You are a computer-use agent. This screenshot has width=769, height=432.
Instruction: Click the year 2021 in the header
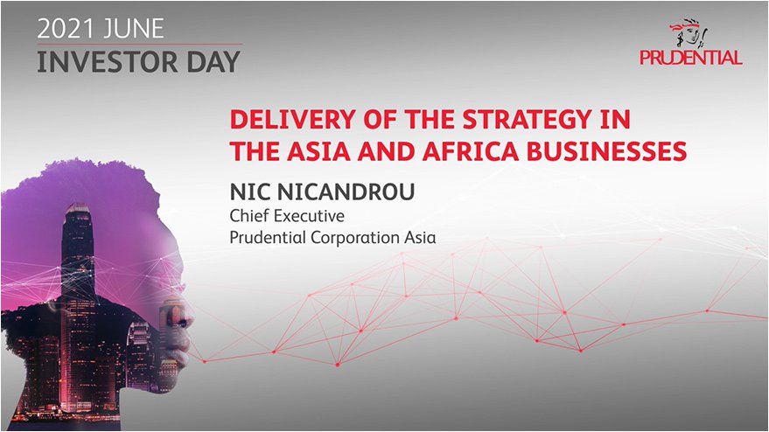click(x=65, y=29)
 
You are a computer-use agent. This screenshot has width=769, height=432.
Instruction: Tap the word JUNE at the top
click(x=132, y=29)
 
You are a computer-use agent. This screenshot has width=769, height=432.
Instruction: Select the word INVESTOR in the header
click(x=107, y=62)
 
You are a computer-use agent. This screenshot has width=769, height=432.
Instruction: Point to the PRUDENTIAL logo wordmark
click(x=691, y=58)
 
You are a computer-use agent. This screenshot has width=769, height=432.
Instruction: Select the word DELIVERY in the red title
click(x=293, y=120)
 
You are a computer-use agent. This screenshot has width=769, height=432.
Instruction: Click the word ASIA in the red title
click(x=318, y=151)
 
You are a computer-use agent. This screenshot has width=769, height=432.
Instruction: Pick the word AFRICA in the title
click(x=471, y=151)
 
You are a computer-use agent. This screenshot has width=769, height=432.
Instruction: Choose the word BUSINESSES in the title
click(x=606, y=151)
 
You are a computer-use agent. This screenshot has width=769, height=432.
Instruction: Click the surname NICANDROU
click(x=346, y=192)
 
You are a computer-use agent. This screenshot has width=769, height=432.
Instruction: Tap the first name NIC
click(x=249, y=192)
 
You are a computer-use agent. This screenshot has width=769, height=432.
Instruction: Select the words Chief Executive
click(x=287, y=216)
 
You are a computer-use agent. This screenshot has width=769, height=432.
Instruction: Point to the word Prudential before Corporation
click(x=268, y=237)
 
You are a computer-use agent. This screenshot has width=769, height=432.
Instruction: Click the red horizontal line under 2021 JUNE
click(x=140, y=45)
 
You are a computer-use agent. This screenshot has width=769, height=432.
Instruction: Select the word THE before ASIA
click(x=255, y=151)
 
